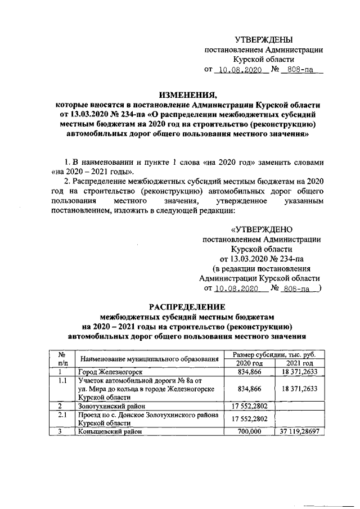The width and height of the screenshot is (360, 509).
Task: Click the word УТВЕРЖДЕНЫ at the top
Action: [263, 39]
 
